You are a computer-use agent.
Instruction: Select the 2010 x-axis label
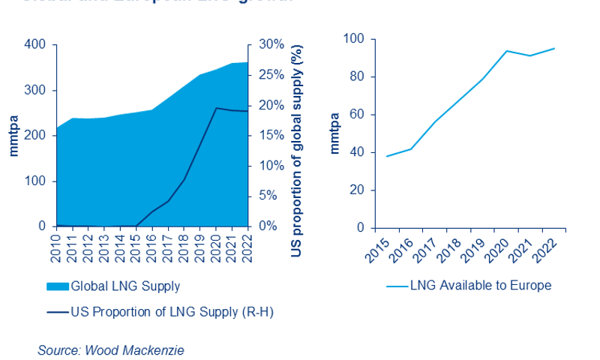click(56, 247)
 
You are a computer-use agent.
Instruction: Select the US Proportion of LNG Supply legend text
click(171, 311)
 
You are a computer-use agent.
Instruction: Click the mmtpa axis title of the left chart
click(13, 136)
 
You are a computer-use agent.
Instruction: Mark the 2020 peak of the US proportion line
click(217, 108)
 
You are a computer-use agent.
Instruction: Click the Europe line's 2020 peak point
click(507, 51)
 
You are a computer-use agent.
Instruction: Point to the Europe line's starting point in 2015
click(386, 156)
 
